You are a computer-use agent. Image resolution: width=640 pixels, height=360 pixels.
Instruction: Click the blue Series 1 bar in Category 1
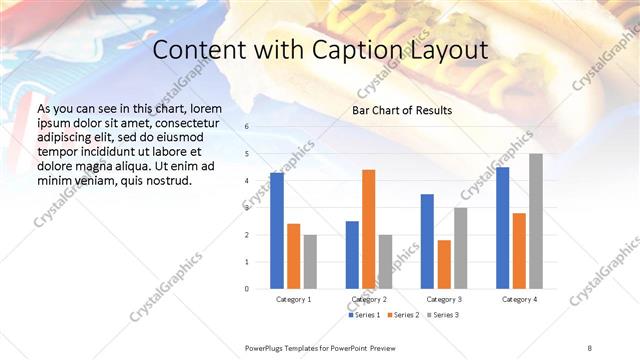pyautogui.click(x=277, y=231)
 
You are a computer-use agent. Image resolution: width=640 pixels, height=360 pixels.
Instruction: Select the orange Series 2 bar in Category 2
pyautogui.click(x=369, y=229)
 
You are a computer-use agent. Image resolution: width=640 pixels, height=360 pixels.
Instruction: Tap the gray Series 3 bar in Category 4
pyautogui.click(x=536, y=221)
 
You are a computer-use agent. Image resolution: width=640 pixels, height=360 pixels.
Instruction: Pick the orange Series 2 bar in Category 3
pyautogui.click(x=444, y=264)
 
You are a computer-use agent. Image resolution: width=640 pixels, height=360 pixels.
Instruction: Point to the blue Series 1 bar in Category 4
pyautogui.click(x=502, y=228)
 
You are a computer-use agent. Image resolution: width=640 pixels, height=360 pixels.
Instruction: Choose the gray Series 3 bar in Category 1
pyautogui.click(x=310, y=262)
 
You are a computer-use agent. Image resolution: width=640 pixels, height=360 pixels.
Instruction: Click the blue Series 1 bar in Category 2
pyautogui.click(x=352, y=255)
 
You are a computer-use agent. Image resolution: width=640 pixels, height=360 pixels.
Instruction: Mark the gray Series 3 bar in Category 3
pyautogui.click(x=461, y=248)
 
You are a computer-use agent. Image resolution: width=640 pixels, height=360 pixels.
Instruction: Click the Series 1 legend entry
pyautogui.click(x=363, y=315)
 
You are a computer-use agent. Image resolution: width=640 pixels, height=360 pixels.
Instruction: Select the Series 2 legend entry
pyautogui.click(x=404, y=315)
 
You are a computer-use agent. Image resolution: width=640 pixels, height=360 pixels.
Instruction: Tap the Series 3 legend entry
pyautogui.click(x=444, y=315)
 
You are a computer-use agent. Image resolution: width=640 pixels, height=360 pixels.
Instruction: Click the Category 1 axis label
pyautogui.click(x=293, y=299)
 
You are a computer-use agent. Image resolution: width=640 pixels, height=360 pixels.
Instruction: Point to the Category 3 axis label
pyautogui.click(x=444, y=299)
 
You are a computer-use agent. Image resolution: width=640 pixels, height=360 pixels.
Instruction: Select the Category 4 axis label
pyautogui.click(x=519, y=299)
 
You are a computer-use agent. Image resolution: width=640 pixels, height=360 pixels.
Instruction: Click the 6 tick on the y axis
pyautogui.click(x=247, y=127)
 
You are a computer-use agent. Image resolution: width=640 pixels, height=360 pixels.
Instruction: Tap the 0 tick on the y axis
pyautogui.click(x=247, y=289)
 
